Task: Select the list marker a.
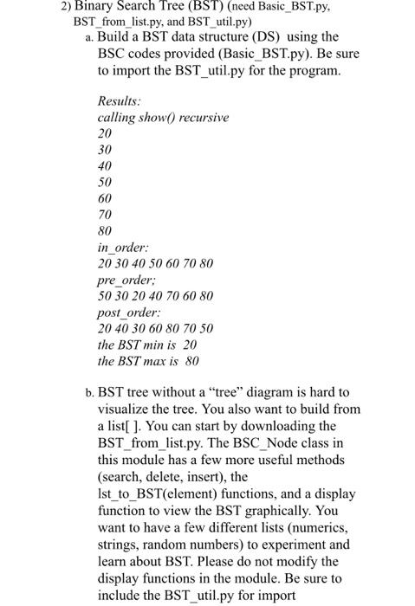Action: click(x=89, y=38)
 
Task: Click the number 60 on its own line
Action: click(x=106, y=200)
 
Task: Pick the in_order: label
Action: click(x=122, y=248)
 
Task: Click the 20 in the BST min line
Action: click(x=190, y=345)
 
